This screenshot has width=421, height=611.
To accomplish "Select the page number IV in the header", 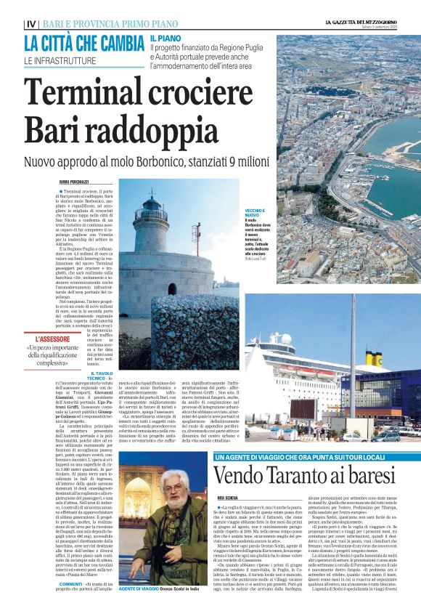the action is [x=30, y=24].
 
